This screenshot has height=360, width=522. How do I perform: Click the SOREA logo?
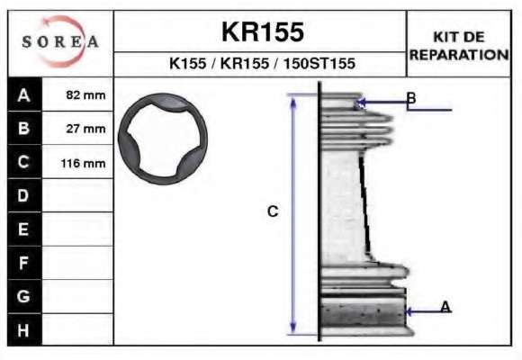coord(60,41)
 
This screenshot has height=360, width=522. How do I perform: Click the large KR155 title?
coord(263,32)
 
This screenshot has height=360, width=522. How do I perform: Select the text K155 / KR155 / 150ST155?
coord(262,63)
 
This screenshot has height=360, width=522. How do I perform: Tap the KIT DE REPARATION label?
coord(459,46)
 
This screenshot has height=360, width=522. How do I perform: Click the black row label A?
coord(24,95)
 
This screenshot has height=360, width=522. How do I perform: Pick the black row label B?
coord(24,128)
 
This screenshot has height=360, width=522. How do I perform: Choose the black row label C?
coord(24,162)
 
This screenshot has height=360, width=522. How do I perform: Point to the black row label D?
coord(24,195)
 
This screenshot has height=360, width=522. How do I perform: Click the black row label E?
coord(24,229)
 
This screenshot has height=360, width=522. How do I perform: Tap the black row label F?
coord(24,263)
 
